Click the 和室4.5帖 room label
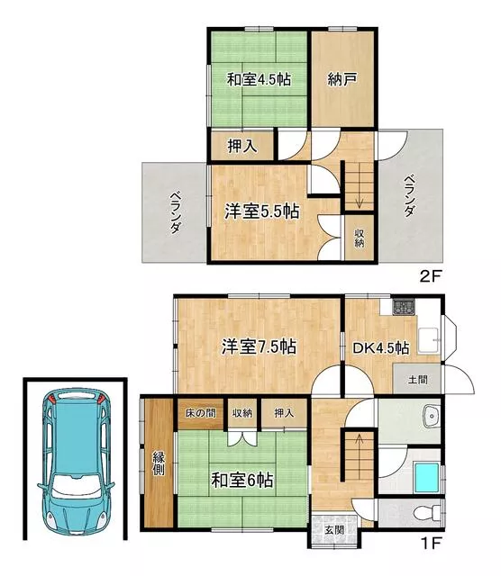click(259, 79)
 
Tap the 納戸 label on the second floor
click(342, 79)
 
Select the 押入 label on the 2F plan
click(242, 146)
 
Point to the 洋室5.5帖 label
click(261, 211)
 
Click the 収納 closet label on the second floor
click(360, 238)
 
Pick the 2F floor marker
click(431, 276)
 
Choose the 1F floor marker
click(431, 543)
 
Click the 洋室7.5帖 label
click(259, 346)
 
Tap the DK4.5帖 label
click(381, 348)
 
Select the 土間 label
click(418, 380)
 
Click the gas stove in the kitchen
click(404, 308)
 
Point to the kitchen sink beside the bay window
click(429, 340)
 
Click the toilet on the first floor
click(428, 512)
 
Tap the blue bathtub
click(427, 478)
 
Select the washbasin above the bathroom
click(431, 416)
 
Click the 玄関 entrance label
click(334, 530)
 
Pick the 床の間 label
click(200, 413)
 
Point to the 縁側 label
click(159, 463)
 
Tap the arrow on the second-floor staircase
click(360, 199)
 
